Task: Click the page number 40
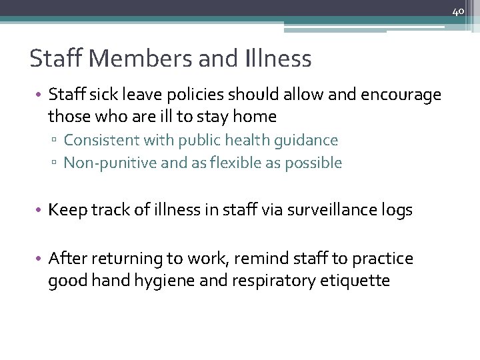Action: point(457,11)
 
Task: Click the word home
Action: point(256,117)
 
